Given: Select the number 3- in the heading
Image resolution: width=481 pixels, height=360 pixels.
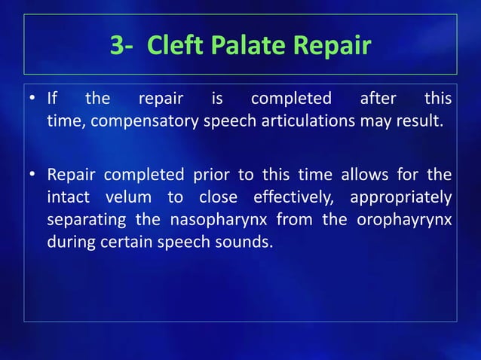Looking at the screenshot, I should [x=124, y=46].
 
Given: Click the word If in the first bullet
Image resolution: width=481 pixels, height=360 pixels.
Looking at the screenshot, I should [x=53, y=99].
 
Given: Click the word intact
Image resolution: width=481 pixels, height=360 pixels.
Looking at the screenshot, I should [x=69, y=198].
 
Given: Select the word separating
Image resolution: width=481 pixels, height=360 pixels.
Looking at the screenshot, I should [x=85, y=221].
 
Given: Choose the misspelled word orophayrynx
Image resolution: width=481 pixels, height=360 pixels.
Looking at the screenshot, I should [x=401, y=221].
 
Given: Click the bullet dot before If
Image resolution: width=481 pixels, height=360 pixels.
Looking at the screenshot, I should [x=34, y=99].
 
